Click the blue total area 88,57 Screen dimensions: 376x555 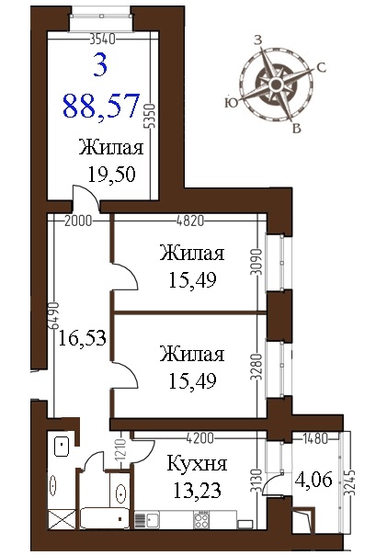point(101,107)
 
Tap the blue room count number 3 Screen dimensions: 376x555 point(100,66)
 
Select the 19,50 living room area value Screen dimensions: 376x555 point(111,175)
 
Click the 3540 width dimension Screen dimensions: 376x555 point(102,39)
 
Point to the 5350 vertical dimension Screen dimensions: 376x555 point(151,117)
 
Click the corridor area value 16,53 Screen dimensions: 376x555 point(82,337)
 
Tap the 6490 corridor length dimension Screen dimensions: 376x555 point(53,316)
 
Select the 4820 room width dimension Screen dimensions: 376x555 point(190,221)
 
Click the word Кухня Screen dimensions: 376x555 point(197,464)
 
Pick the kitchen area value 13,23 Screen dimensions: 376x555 point(198,491)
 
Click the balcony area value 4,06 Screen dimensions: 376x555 point(314,480)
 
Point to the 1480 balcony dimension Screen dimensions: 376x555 point(315,439)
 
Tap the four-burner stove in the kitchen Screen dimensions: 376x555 point(201,520)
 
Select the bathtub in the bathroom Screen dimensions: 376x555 point(105,518)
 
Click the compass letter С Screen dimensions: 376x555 point(321,67)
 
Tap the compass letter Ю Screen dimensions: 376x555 point(231,103)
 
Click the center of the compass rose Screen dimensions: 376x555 point(276,85)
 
